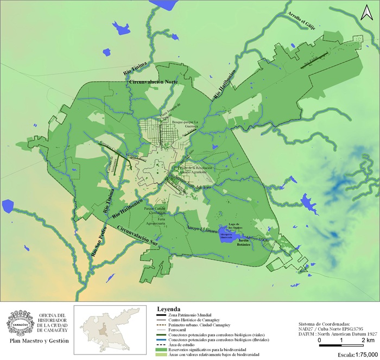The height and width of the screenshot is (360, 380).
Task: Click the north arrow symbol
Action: tap(367, 11)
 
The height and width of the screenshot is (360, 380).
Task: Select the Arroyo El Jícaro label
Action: tap(201, 229)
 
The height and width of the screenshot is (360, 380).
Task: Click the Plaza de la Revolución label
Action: tap(200, 168)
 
